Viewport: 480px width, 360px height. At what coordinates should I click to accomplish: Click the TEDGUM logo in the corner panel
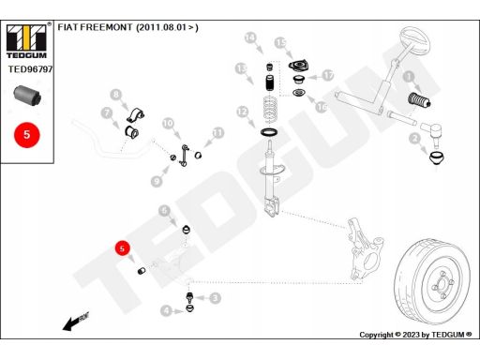pos(27,41)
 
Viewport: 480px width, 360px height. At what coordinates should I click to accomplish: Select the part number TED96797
pos(30,69)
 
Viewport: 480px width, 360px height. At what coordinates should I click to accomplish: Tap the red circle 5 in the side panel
pos(27,135)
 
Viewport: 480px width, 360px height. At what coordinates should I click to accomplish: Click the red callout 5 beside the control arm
pos(122,248)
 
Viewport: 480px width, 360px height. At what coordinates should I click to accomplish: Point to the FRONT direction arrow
pos(76,322)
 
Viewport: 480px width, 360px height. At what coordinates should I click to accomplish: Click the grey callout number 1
pos(409,77)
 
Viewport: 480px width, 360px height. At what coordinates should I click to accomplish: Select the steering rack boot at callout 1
pos(420,99)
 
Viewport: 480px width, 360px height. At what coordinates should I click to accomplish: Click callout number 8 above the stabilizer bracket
pos(116,95)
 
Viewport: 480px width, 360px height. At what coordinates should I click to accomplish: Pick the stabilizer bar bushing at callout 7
pos(131,131)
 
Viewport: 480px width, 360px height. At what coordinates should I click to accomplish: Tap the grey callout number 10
pos(168,124)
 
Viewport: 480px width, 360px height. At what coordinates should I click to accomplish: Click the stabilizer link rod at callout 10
pos(185,156)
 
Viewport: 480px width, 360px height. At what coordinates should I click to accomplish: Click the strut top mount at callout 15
pos(298,67)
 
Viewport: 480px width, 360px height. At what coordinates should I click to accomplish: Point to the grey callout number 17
pos(328,75)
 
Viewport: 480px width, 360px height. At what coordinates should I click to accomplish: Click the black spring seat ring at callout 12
pos(269,132)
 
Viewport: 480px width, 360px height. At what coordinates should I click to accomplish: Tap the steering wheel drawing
pos(415,41)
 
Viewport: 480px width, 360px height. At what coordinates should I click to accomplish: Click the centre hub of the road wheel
pos(442,284)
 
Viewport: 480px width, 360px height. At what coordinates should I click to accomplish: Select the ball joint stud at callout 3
pos(189,296)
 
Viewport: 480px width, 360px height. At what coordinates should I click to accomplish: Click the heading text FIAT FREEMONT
pos(95,27)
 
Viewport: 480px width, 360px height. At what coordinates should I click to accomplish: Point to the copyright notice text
pos(415,335)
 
